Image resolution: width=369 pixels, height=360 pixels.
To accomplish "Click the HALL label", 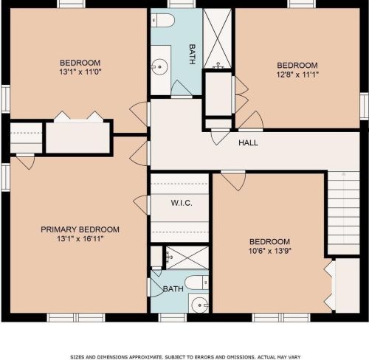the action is [248, 142].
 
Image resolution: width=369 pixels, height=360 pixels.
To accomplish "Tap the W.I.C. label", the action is [182, 203].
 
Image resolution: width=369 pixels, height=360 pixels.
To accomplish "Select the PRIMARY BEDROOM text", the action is [80, 229].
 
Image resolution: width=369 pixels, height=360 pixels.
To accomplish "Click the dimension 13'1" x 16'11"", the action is [80, 238].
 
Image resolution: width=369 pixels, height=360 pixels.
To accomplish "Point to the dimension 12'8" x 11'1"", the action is [297, 75].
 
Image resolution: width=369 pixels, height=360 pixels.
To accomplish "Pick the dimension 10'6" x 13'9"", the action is [270, 251].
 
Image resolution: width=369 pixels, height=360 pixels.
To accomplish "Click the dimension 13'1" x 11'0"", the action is [80, 72].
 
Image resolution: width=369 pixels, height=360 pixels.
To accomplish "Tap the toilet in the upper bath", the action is [162, 20].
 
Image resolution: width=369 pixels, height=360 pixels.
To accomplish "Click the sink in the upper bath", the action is [159, 66].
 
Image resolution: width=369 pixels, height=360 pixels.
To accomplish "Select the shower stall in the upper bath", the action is [217, 38].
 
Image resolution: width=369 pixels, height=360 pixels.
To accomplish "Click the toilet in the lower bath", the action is [197, 283].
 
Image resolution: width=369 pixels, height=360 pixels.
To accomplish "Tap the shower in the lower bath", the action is [187, 257].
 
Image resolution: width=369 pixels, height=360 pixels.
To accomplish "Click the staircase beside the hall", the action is [344, 213].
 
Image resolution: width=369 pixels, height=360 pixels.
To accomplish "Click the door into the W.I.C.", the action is [142, 204].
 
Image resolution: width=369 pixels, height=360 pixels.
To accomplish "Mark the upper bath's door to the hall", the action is [182, 89].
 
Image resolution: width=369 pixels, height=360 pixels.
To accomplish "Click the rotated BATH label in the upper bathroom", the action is [193, 54].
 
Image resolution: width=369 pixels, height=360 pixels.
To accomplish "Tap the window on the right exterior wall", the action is [364, 106].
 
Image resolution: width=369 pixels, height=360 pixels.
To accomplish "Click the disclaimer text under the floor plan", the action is [185, 357].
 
